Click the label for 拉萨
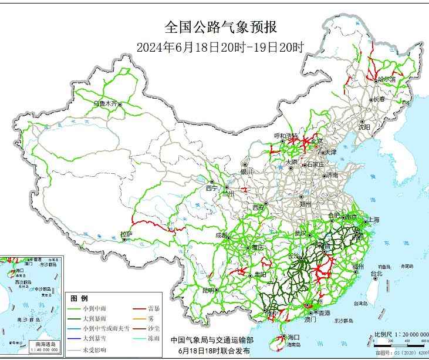pyautogui.click(x=126, y=234)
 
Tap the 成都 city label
pyautogui.click(x=222, y=235)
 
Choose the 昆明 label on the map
pyautogui.click(x=208, y=290)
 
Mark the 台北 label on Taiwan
pyautogui.click(x=376, y=273)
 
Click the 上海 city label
pyautogui.click(x=373, y=220)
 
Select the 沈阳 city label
pyautogui.click(x=364, y=126)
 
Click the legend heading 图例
pyautogui.click(x=79, y=298)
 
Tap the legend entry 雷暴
pyautogui.click(x=155, y=308)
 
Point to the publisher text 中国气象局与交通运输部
pyautogui.click(x=212, y=339)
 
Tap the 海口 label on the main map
pyautogui.click(x=294, y=337)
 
